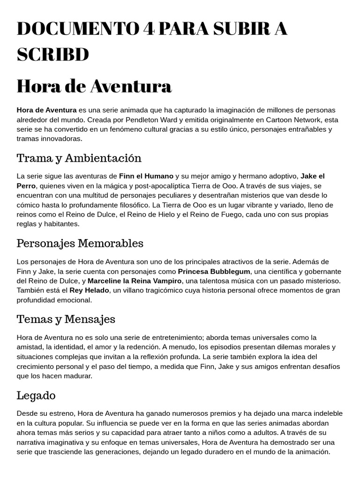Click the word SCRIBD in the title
click(52, 55)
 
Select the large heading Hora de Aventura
click(94, 86)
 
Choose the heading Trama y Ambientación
click(79, 158)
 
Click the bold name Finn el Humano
click(146, 176)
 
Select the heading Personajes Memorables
click(80, 243)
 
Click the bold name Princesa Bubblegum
click(214, 271)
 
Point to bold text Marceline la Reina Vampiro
click(135, 281)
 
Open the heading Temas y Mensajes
click(66, 320)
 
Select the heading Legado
click(36, 396)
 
